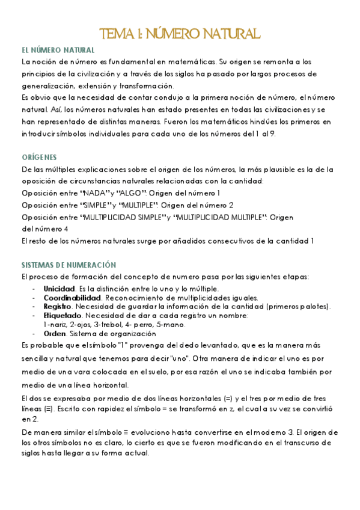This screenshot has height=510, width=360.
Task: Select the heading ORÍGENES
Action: pyautogui.click(x=39, y=158)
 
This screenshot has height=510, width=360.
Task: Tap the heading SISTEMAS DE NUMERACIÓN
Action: pyautogui.click(x=69, y=265)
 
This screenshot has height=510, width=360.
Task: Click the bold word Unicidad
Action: pyautogui.click(x=59, y=289)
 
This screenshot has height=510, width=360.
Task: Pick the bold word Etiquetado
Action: pyautogui.click(x=62, y=316)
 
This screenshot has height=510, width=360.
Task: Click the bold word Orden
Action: pyautogui.click(x=55, y=334)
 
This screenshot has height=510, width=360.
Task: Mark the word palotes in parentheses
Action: pyautogui.click(x=312, y=307)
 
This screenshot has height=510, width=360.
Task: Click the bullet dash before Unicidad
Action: pyautogui.click(x=34, y=289)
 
